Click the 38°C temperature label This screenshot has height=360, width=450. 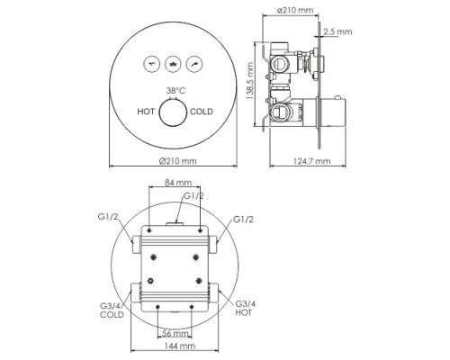click(176, 90)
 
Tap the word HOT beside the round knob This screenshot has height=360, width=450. click(146, 112)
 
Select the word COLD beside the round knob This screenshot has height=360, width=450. click(202, 112)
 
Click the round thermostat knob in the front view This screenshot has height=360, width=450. click(174, 112)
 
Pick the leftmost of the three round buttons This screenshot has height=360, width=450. click(152, 64)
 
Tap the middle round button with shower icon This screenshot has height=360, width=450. click(173, 64)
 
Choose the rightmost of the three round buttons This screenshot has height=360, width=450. click(194, 64)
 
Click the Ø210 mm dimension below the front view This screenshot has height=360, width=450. click(177, 161)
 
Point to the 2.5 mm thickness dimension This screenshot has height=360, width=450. click(337, 31)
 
